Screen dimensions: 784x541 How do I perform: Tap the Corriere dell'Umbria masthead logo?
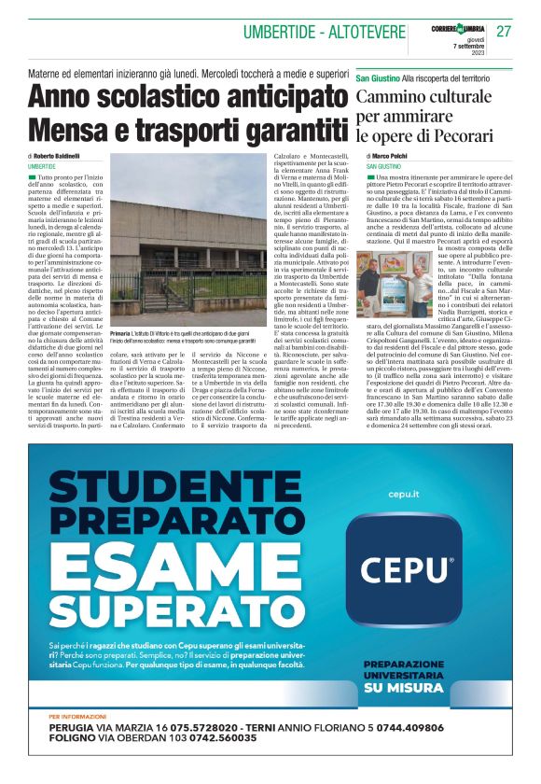(458, 22)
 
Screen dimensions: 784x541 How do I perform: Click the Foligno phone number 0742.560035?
(211, 739)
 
